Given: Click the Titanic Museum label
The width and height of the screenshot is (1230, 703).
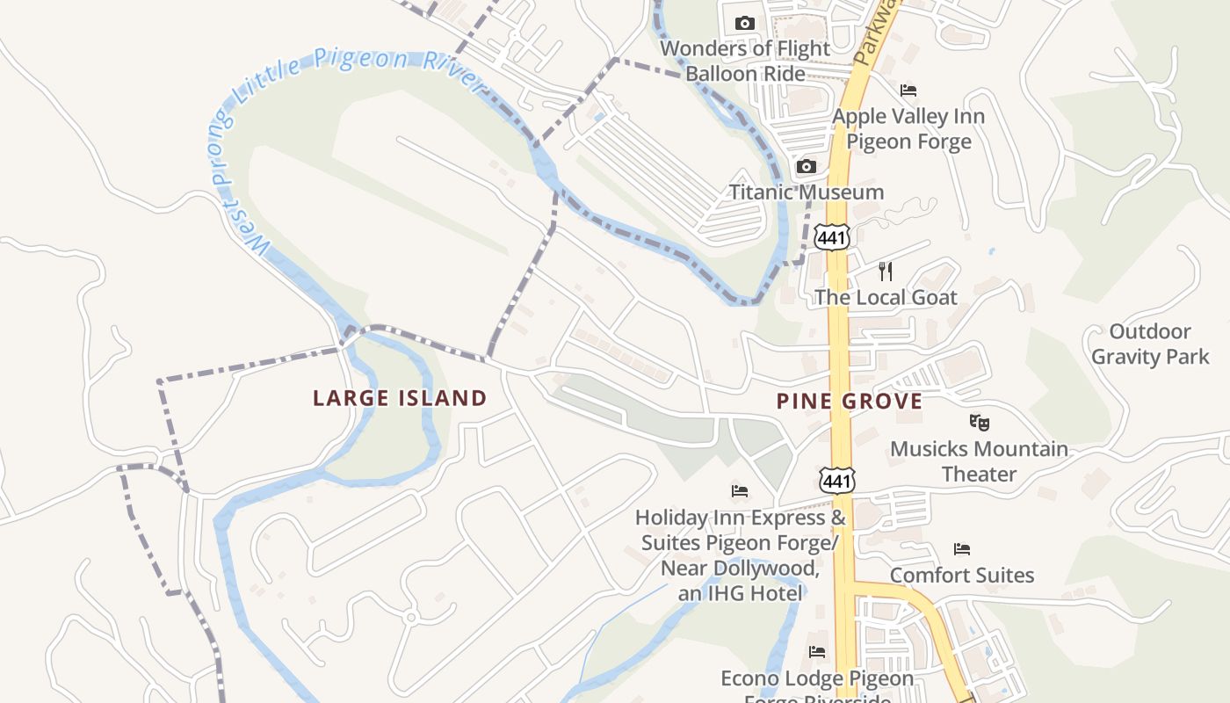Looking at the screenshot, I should (807, 192).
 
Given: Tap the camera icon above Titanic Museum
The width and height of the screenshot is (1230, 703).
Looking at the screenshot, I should (806, 166).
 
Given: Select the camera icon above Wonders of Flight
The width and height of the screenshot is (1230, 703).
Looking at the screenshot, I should (745, 23).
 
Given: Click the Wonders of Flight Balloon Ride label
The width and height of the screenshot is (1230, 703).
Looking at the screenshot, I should (745, 61).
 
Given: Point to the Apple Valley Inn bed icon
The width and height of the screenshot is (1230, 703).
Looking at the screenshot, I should (908, 91).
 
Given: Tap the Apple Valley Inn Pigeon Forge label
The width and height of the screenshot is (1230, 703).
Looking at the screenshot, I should (908, 128).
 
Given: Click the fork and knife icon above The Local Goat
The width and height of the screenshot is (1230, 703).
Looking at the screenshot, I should (886, 271).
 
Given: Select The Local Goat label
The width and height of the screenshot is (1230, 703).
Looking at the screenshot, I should (886, 297).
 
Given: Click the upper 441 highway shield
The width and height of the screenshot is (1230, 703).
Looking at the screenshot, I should (832, 236).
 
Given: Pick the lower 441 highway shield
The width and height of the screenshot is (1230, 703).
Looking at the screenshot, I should (836, 481).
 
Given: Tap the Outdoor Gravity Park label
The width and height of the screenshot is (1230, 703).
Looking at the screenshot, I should (1150, 344).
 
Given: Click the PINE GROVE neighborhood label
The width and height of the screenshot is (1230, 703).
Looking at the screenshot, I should (850, 402).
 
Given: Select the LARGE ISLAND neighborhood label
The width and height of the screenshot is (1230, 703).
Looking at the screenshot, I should (400, 398).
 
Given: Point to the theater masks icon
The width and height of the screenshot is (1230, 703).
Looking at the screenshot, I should (980, 423).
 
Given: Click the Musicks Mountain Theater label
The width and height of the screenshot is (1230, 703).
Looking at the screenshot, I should (980, 461).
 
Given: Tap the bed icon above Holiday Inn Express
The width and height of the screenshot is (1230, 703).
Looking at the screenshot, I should (740, 490).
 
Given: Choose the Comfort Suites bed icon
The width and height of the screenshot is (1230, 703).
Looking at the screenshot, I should (962, 549).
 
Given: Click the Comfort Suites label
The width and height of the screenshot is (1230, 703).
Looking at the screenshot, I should (962, 576).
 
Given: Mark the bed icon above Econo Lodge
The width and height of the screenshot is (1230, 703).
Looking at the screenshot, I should (817, 652).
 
